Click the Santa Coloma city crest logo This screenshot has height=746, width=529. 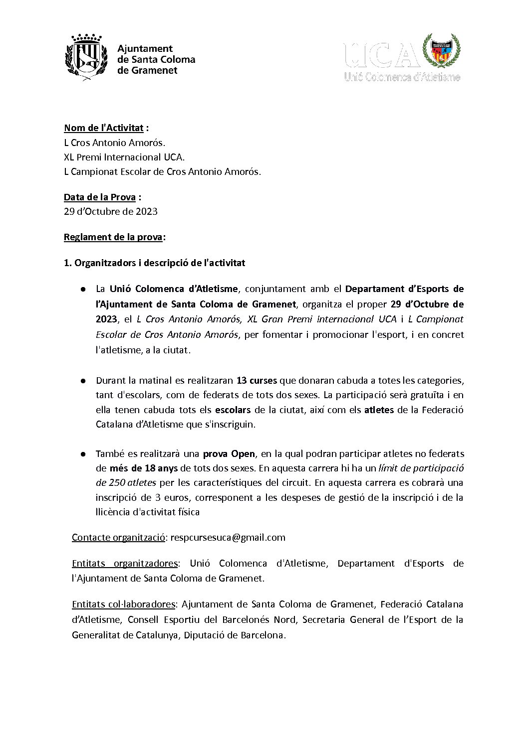click(86, 55)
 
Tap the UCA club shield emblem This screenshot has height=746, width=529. click(441, 52)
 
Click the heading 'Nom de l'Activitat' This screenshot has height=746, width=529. click(104, 128)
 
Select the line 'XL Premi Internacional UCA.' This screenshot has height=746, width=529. click(124, 157)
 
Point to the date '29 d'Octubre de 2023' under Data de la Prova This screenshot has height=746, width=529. click(111, 211)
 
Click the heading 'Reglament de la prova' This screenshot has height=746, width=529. click(113, 237)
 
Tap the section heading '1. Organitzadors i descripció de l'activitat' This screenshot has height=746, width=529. click(155, 263)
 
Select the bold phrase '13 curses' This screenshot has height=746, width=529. click(257, 381)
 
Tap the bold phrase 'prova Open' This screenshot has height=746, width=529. click(229, 454)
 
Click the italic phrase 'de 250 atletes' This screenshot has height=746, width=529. click(126, 483)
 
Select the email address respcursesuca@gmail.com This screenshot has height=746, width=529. click(228, 537)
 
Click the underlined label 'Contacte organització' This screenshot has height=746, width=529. click(118, 537)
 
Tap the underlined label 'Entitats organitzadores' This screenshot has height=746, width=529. click(125, 564)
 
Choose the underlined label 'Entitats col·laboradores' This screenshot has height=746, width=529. click(123, 604)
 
